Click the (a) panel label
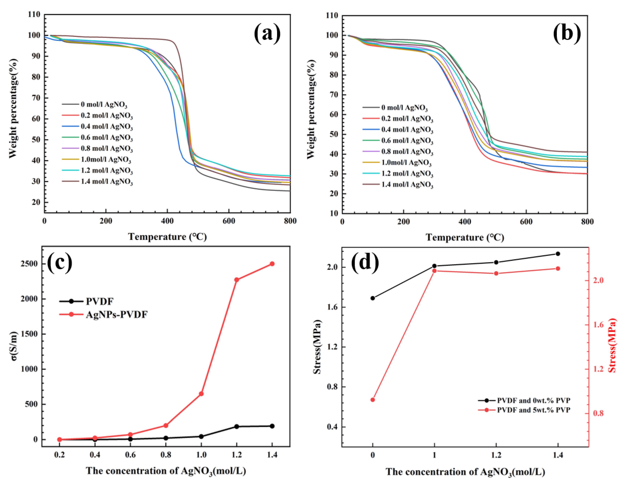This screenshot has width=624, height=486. [267, 34]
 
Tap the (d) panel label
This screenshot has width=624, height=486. [365, 262]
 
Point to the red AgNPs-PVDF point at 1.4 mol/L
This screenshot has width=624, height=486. [272, 264]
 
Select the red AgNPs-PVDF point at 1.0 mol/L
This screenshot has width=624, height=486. [201, 394]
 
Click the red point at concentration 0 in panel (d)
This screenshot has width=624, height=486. [373, 400]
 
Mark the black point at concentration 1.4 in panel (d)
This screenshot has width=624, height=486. [558, 254]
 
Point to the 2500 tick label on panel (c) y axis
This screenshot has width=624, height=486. [29, 264]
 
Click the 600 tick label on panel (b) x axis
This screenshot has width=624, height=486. [526, 222]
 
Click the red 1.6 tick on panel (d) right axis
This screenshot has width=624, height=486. [598, 325]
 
